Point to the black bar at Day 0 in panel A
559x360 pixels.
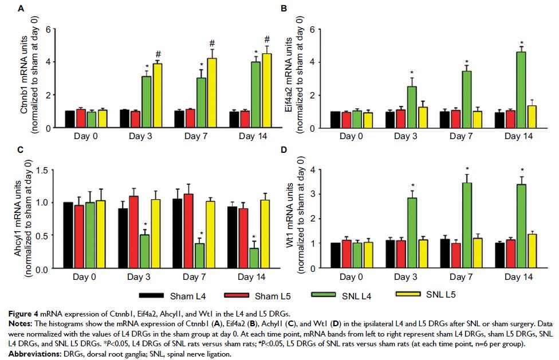[70, 120]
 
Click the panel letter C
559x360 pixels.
[21, 151]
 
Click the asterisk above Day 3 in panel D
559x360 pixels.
[412, 185]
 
